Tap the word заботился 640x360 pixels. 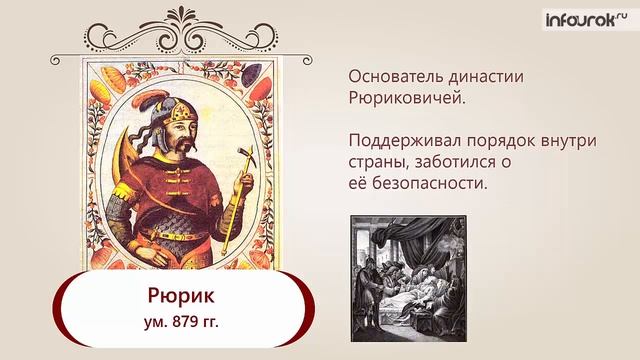coord(459,164)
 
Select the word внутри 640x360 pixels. coord(570,142)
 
